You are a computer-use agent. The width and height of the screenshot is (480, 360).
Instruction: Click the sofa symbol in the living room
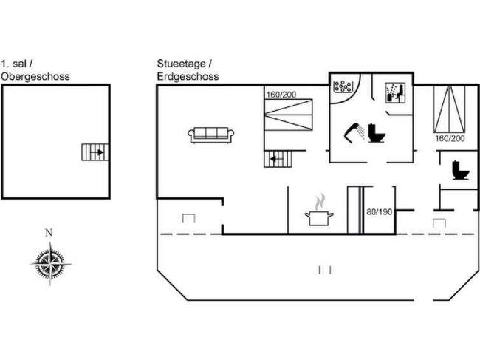coord(211,135)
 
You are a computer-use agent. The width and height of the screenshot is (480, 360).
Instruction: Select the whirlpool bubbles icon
coord(343,86)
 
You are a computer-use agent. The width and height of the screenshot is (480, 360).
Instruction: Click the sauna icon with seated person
coord(395,93)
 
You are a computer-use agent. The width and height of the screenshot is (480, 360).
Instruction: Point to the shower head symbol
coord(354,132)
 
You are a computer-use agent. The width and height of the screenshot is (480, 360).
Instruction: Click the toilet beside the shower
coord(376,132)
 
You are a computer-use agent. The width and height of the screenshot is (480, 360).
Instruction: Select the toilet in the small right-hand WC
coord(461,170)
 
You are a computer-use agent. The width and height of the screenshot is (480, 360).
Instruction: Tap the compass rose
coord(50,263)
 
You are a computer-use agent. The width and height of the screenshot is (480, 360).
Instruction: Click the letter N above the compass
coord(49,233)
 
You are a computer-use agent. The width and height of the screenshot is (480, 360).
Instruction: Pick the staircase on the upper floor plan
coord(95,152)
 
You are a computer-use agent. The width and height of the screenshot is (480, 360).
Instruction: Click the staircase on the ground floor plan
coord(278,159)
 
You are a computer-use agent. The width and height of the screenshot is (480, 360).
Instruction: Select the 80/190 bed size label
coord(380,211)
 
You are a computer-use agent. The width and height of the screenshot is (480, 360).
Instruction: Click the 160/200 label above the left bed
coord(281,95)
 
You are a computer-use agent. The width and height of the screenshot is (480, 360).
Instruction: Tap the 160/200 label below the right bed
coord(450,138)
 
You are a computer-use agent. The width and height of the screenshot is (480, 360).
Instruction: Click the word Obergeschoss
coord(35,77)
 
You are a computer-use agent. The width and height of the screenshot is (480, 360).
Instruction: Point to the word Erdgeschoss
coord(188,77)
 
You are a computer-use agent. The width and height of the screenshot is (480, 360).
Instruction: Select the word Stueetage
coord(181,64)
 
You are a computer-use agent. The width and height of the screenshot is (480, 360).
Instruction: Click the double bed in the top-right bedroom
coord(450,109)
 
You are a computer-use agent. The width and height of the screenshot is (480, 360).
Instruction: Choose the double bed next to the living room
coord(288,115)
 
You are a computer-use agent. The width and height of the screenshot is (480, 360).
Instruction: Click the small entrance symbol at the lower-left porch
coord(189,218)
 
